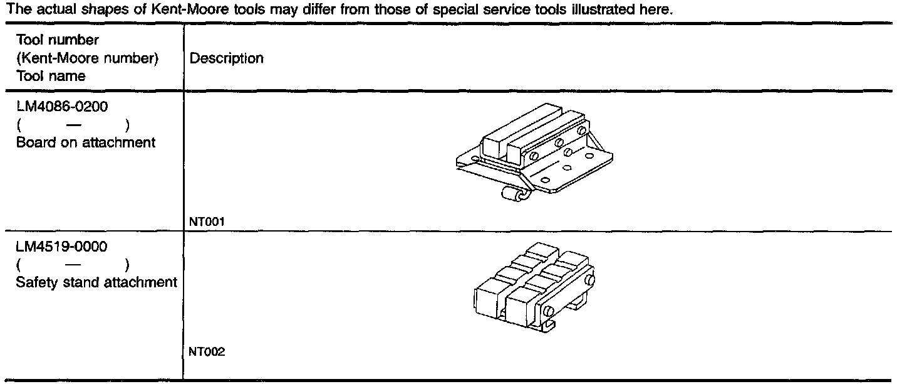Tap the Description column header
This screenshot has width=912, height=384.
click(x=226, y=58)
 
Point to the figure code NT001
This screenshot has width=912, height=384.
click(x=207, y=221)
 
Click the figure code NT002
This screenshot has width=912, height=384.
click(x=207, y=352)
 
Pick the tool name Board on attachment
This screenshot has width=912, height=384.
click(x=86, y=142)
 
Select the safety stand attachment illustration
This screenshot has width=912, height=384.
click(x=532, y=282)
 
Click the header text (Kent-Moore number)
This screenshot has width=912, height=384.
click(x=88, y=58)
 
